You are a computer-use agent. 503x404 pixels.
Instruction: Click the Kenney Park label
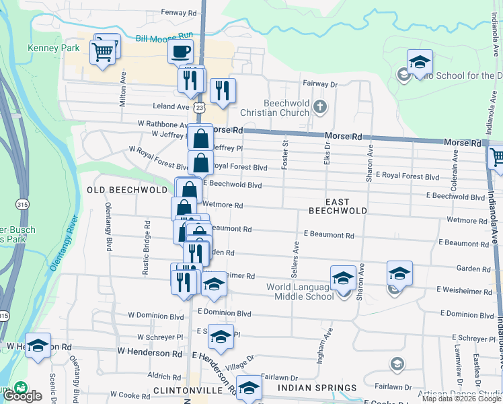[53, 48]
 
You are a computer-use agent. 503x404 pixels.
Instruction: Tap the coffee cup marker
[180, 51]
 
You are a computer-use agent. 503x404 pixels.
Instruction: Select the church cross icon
[321, 106]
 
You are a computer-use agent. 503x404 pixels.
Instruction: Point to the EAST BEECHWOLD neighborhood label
[338, 206]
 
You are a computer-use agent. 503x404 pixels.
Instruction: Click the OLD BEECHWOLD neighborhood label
[127, 190]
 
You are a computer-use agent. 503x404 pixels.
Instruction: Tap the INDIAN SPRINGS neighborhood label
[319, 388]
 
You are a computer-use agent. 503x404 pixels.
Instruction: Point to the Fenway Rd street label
[178, 12]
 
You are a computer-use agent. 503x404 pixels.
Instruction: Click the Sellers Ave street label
[295, 259]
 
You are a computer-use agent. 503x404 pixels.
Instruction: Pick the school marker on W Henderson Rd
[38, 345]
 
